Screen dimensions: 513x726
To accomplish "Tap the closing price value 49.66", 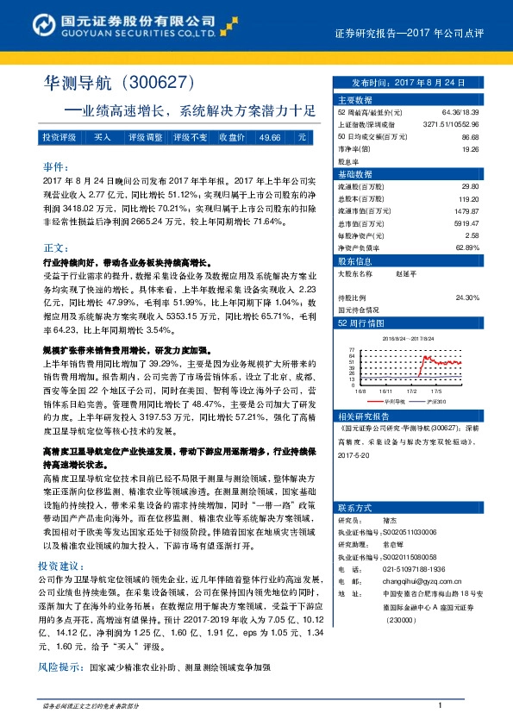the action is tap(269, 137).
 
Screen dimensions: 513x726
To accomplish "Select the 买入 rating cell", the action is tap(102, 137).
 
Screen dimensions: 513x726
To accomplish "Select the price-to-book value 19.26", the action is tap(471, 148).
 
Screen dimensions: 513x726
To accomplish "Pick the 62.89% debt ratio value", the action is tap(466, 247).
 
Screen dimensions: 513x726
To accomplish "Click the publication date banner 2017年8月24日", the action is tap(406, 83).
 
